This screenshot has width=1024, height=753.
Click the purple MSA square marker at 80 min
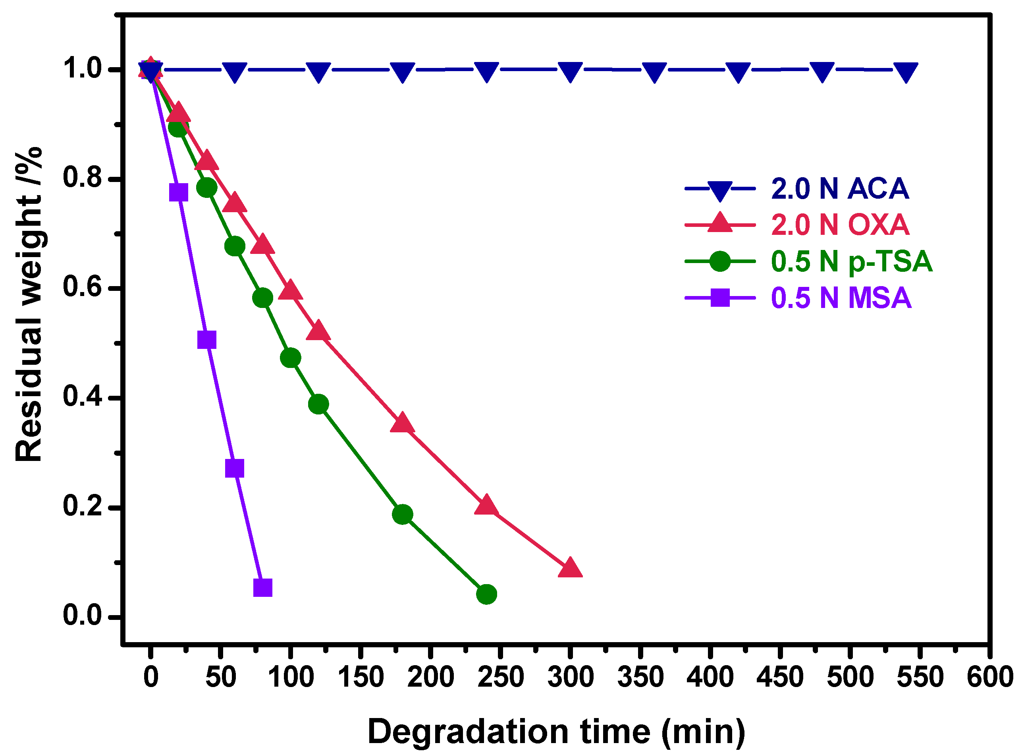262,588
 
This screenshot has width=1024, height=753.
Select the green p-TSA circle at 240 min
486,594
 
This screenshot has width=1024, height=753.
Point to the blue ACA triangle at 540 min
906,72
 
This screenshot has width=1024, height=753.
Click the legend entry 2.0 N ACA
839,188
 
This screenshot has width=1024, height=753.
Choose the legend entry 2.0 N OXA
839,225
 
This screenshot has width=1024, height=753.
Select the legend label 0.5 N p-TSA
851,261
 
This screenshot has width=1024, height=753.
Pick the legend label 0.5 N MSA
841,298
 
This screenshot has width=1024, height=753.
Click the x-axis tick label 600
990,677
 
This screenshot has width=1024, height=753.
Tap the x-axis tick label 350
640,677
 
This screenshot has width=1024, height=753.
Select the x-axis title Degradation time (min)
556,732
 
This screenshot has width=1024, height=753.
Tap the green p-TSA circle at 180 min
402,514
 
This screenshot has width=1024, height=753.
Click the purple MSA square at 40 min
206,340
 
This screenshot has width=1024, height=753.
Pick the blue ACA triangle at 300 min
570,72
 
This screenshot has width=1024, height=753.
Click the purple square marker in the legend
720,298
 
